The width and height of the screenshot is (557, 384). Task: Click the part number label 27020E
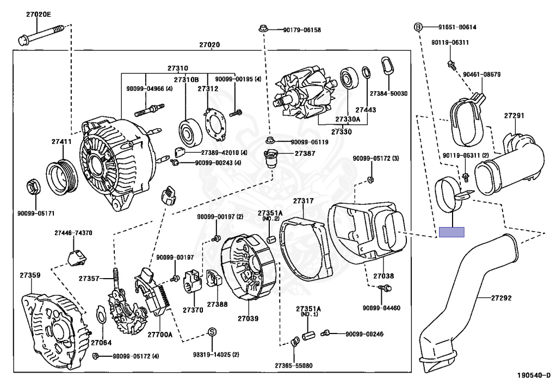pyautogui.click(x=38, y=14)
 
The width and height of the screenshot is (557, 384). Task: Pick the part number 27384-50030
pyautogui.click(x=388, y=94)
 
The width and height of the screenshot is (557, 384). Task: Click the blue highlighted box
pyautogui.click(x=451, y=232)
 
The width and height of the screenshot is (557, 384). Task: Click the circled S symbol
pyautogui.click(x=213, y=332)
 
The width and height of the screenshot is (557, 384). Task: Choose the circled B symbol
pyautogui.click(x=418, y=27)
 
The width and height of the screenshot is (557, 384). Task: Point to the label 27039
pyautogui.click(x=248, y=318)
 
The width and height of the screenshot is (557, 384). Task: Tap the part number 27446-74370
pyautogui.click(x=73, y=232)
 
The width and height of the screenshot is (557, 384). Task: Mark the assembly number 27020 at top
pyautogui.click(x=209, y=45)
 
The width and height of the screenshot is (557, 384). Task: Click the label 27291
pyautogui.click(x=514, y=116)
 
